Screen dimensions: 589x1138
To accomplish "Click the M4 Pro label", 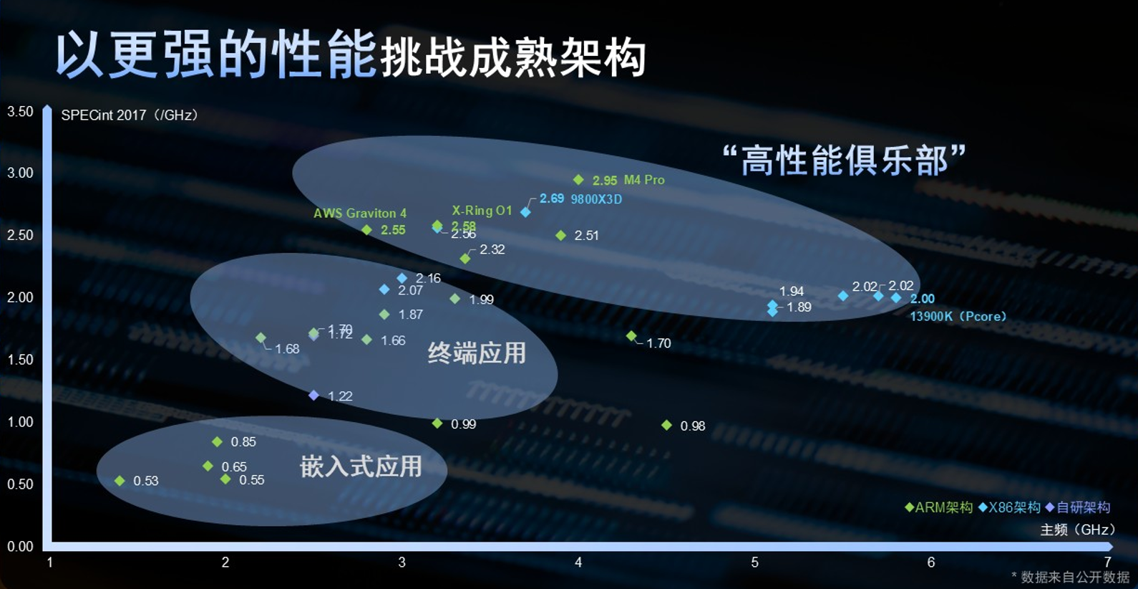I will [644, 180].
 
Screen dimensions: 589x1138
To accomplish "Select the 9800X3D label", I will [595, 199].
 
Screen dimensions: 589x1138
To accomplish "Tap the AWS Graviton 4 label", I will [359, 213].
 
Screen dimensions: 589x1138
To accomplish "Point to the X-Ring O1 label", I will [482, 211].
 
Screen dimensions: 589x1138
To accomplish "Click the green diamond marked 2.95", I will [578, 180].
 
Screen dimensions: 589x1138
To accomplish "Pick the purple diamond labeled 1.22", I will [313, 396].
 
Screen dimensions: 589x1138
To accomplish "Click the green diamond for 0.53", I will [120, 481].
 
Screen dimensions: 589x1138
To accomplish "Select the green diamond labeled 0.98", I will [666, 426].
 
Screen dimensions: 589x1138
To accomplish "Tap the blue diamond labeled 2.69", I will [525, 212].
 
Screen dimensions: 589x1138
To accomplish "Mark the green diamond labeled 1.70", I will [631, 336].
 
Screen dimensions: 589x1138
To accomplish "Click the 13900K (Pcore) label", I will [958, 317].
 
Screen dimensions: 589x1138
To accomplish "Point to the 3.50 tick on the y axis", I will [20, 112].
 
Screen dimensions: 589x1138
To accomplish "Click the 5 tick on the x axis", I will [754, 562].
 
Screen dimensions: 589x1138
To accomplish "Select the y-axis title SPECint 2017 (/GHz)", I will [130, 115].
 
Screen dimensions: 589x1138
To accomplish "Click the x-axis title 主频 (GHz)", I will [1077, 530].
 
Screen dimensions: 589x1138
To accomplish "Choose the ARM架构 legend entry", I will [938, 507].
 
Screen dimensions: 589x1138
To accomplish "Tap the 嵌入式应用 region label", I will [361, 466].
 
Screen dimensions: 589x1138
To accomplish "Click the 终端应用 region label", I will [477, 353].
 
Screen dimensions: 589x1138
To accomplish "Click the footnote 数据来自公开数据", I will [1074, 577].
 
